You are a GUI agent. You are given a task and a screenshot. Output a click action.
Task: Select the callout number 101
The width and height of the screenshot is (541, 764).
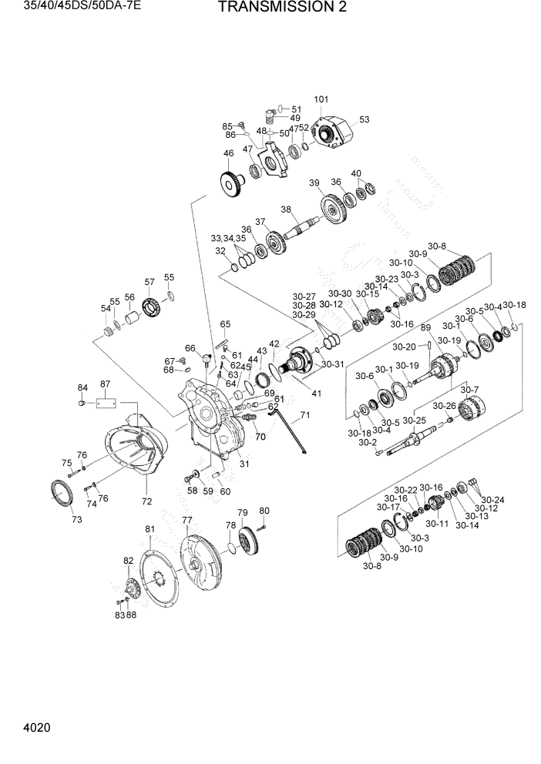point(321,99)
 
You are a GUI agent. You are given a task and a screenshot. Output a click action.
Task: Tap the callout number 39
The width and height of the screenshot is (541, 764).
point(314,183)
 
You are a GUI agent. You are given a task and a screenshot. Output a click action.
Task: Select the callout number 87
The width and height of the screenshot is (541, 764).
point(106,384)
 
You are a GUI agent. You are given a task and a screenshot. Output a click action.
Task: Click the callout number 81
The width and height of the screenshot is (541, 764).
point(150,528)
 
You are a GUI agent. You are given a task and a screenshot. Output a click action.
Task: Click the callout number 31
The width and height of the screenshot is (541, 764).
point(244,463)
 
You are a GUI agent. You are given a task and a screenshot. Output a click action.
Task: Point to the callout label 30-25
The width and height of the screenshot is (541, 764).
point(415,421)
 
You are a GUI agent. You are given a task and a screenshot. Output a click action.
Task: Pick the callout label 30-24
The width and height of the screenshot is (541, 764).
point(491,500)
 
